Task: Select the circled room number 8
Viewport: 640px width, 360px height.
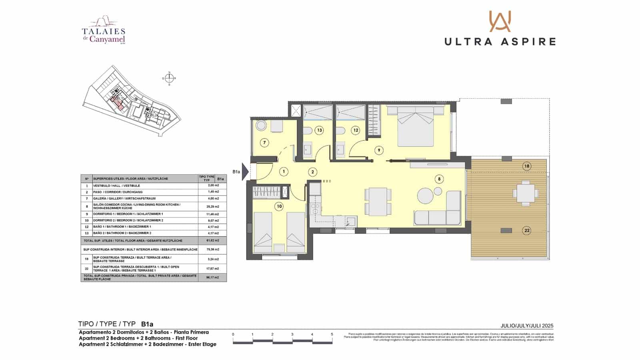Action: tap(439, 179)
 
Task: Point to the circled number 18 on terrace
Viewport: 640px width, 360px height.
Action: tap(527, 166)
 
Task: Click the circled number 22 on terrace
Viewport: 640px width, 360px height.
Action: tap(527, 230)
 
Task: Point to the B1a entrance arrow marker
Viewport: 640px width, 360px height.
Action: tap(245, 172)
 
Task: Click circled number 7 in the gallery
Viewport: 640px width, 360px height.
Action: tap(264, 142)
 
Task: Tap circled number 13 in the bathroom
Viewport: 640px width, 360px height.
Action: tap(319, 130)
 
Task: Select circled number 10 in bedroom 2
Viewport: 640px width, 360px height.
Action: tap(279, 206)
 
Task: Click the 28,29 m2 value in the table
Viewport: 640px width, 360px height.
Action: tap(212, 206)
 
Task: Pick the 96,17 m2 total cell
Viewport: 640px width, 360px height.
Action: tap(212, 277)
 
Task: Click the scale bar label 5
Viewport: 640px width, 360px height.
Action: tap(332, 334)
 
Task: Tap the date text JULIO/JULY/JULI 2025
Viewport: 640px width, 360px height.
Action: tap(527, 326)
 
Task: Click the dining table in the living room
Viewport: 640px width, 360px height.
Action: tap(378, 201)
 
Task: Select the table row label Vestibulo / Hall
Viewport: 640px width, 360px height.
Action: tap(117, 186)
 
